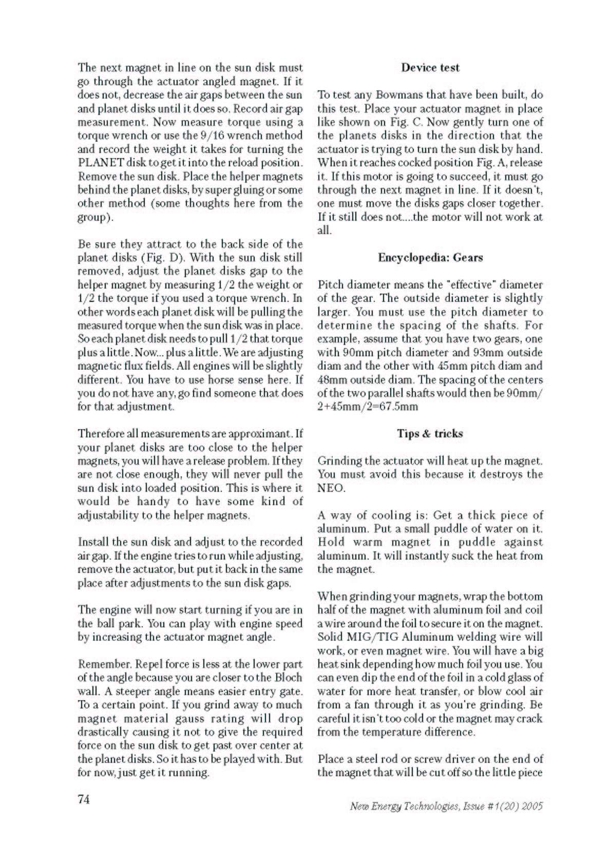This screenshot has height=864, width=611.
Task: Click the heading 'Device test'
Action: point(430,68)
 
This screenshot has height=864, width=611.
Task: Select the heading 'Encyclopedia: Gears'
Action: point(430,257)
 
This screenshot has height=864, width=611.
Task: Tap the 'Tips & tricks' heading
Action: point(430,434)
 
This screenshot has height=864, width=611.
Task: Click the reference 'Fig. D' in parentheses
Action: point(160,258)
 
